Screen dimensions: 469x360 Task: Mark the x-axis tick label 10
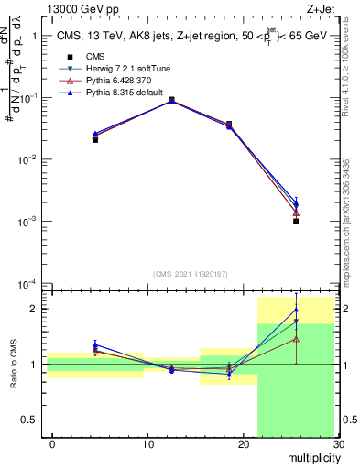pos(147,444)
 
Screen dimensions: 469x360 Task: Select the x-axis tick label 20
pos(243,444)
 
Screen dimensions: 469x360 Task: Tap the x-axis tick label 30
pos(338,444)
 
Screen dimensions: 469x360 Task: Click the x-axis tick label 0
pos(52,444)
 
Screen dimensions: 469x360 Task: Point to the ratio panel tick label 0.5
pos(35,420)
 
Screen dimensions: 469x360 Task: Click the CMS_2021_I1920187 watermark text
pos(190,273)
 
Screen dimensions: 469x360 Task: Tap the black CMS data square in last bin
pos(296,221)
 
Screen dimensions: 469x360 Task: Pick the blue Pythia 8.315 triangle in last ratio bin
pos(296,310)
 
